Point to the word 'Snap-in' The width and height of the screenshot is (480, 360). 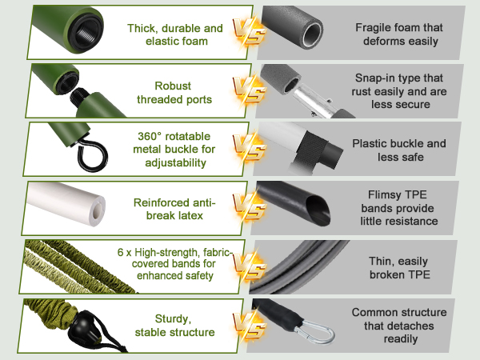tap(378, 78)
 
